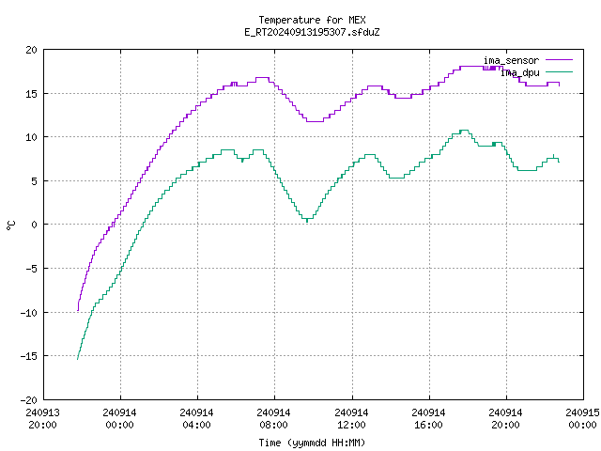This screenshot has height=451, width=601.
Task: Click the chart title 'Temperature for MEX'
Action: (x=312, y=20)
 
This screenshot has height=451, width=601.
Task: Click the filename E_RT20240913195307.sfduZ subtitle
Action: (x=312, y=32)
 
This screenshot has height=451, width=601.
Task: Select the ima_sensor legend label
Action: (x=511, y=60)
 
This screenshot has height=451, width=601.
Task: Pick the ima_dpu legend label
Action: (x=520, y=72)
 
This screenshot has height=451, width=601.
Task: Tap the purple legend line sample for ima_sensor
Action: (x=560, y=60)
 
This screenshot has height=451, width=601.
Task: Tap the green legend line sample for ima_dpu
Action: (x=560, y=72)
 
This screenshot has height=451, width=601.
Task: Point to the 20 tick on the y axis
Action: (x=31, y=50)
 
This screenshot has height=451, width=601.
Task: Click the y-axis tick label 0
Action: (x=34, y=225)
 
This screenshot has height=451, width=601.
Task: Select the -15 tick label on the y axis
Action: (x=29, y=356)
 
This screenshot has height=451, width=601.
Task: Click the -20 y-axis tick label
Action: (x=29, y=400)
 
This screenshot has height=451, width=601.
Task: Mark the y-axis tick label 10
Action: (x=31, y=137)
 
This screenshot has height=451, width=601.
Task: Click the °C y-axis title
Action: (x=10, y=225)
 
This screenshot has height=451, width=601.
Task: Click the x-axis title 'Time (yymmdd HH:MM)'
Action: (x=312, y=443)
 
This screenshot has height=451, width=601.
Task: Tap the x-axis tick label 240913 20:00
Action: (x=42, y=419)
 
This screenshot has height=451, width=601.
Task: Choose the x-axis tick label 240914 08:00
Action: (x=273, y=419)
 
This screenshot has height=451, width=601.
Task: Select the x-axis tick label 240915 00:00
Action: (x=582, y=419)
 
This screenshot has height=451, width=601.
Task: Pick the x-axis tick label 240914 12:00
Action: (x=351, y=419)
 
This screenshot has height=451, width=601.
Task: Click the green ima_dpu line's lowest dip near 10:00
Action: (x=307, y=222)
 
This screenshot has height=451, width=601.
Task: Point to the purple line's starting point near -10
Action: (x=78, y=310)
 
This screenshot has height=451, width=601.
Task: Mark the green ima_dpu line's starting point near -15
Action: (x=77, y=359)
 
